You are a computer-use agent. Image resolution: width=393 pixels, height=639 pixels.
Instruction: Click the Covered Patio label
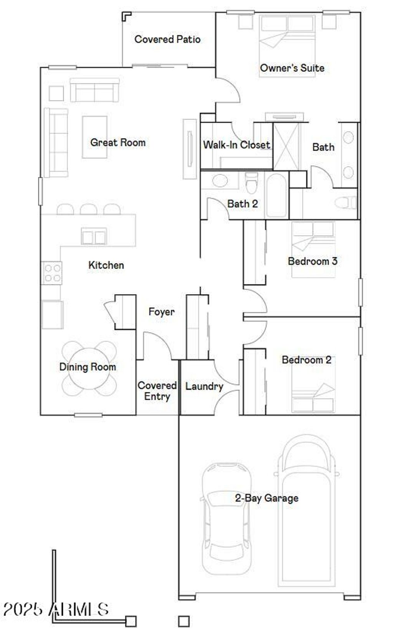click(x=167, y=39)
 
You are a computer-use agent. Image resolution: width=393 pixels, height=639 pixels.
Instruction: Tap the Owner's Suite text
click(x=292, y=68)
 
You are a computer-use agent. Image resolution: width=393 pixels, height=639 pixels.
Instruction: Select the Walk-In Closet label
click(x=236, y=145)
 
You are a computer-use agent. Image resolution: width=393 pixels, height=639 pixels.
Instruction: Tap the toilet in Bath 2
click(x=251, y=183)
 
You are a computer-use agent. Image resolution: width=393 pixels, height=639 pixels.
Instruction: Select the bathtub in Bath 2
click(x=276, y=195)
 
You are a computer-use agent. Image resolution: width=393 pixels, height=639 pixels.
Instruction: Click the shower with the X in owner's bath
click(x=286, y=146)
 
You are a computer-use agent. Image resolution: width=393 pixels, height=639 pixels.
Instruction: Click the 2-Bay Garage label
click(x=266, y=498)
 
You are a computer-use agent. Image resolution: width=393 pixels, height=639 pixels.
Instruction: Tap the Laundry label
click(x=204, y=386)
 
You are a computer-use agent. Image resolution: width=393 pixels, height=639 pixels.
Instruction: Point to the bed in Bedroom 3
click(x=313, y=249)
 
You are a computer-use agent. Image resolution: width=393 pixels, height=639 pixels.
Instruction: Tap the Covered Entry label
click(x=157, y=390)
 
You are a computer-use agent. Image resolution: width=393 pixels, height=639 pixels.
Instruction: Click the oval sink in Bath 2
click(x=220, y=180)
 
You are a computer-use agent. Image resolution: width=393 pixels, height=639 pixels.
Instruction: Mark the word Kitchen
click(x=106, y=265)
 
